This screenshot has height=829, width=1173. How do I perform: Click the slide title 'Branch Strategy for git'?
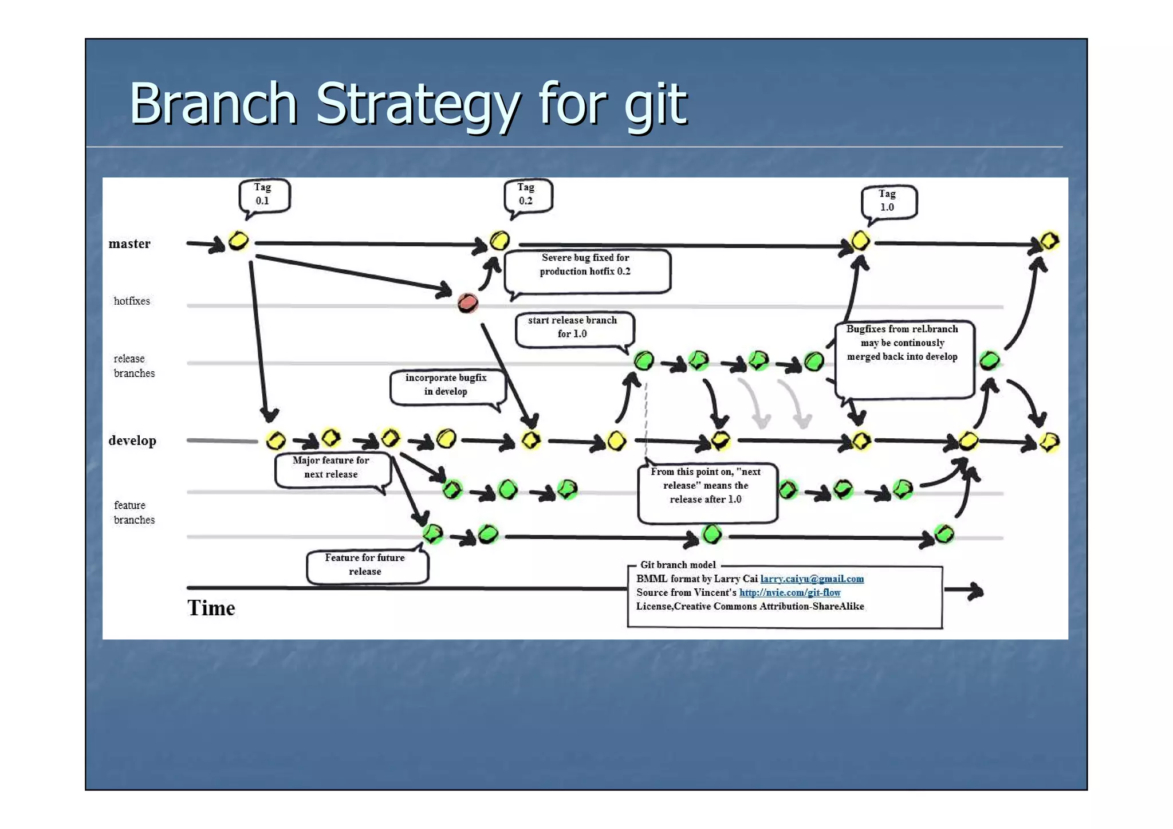pyautogui.click(x=408, y=104)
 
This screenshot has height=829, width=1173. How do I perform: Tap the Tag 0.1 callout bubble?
pyautogui.click(x=263, y=195)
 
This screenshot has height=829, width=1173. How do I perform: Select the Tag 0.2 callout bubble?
pyautogui.click(x=527, y=195)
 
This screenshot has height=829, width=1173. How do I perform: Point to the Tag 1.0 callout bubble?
pyautogui.click(x=888, y=201)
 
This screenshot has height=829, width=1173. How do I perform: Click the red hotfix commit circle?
pyautogui.click(x=467, y=302)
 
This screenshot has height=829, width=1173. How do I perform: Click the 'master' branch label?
pyautogui.click(x=129, y=244)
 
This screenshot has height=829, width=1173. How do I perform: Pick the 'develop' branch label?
pyautogui.click(x=132, y=441)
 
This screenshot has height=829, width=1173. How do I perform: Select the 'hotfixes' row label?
pyautogui.click(x=132, y=301)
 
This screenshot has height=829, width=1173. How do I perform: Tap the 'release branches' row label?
pyautogui.click(x=133, y=366)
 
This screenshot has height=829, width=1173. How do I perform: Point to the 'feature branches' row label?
pyautogui.click(x=133, y=513)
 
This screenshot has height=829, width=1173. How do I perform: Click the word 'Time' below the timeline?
pyautogui.click(x=211, y=608)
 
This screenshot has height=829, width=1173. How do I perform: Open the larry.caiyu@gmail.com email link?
pyautogui.click(x=812, y=579)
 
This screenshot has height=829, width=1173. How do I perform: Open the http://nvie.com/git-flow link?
pyautogui.click(x=789, y=593)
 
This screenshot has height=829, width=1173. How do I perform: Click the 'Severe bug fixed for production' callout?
pyautogui.click(x=586, y=270)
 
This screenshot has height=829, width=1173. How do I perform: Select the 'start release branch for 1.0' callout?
pyautogui.click(x=573, y=328)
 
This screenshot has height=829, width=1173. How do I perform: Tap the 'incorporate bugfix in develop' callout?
pyautogui.click(x=446, y=385)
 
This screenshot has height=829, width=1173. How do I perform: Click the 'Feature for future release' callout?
pyautogui.click(x=365, y=565)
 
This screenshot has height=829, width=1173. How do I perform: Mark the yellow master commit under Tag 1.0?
pyautogui.click(x=860, y=241)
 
